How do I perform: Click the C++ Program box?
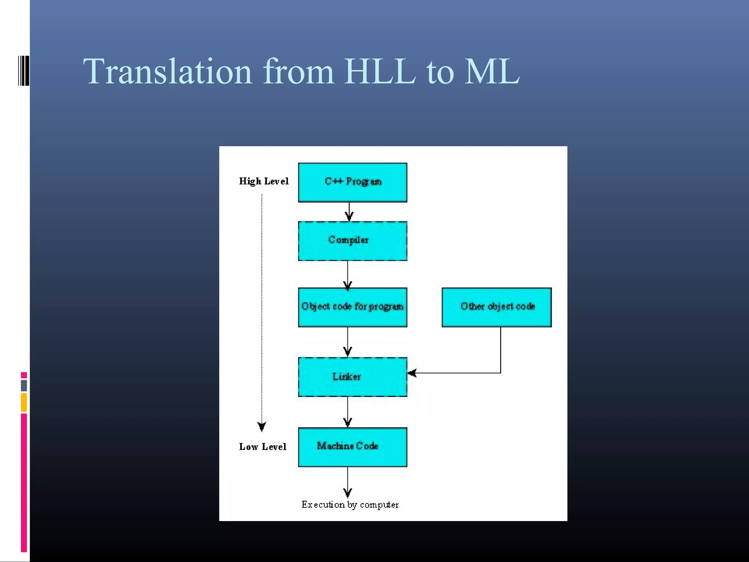pyautogui.click(x=353, y=182)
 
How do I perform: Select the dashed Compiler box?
pyautogui.click(x=353, y=241)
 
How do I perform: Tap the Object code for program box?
pyautogui.click(x=353, y=307)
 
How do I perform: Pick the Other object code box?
pyautogui.click(x=496, y=307)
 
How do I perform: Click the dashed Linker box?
pyautogui.click(x=353, y=376)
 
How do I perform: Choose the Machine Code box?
pyautogui.click(x=353, y=447)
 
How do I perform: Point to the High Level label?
pyautogui.click(x=264, y=181)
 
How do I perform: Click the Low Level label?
pyautogui.click(x=263, y=447)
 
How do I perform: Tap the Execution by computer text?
pyautogui.click(x=350, y=505)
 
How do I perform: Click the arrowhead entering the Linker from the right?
pyautogui.click(x=412, y=373)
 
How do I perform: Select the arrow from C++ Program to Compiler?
pyautogui.click(x=349, y=212)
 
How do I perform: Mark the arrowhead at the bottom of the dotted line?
pyautogui.click(x=261, y=426)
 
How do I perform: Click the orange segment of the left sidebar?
pyautogui.click(x=24, y=402)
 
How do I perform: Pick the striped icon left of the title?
pyautogui.click(x=23, y=71)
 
